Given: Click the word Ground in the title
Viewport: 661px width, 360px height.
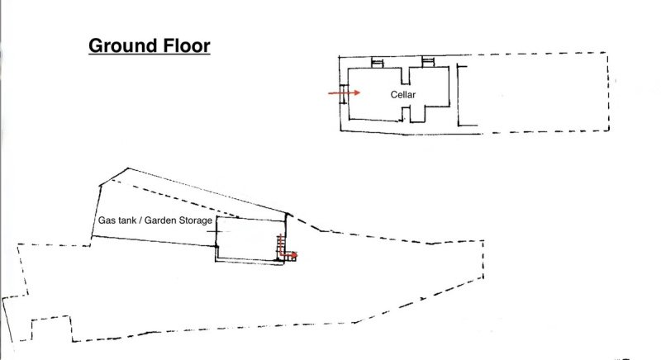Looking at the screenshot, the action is tap(121, 45).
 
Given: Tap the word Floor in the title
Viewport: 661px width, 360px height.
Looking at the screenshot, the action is tap(185, 45).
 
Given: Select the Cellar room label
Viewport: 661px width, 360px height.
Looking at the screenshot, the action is tap(403, 95).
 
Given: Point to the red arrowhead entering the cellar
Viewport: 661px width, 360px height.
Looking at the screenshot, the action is tap(357, 92).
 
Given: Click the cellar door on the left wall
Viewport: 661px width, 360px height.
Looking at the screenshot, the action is tap(343, 93).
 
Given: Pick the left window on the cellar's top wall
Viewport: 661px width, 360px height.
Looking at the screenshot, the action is tap(377, 63).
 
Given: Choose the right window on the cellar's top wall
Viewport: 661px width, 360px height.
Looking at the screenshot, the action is tap(428, 62).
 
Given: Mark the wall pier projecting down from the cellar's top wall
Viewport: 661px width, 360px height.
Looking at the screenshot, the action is tap(405, 75).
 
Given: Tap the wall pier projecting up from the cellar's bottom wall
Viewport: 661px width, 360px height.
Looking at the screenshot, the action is tap(406, 114).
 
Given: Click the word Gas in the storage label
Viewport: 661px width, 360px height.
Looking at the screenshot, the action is tap(106, 220).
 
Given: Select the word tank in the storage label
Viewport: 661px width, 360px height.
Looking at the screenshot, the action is tap(126, 220).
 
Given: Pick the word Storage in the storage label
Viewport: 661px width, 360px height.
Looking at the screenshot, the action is tap(196, 220).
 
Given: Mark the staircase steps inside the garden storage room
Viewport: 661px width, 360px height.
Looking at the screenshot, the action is tap(280, 246).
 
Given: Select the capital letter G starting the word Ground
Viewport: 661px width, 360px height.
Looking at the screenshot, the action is tap(95, 46).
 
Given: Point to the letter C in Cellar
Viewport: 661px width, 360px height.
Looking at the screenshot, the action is tap(394, 95).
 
